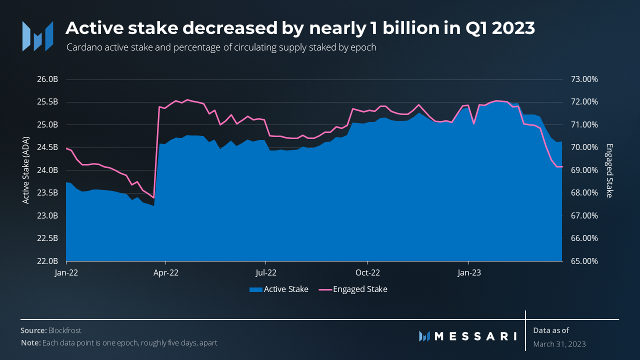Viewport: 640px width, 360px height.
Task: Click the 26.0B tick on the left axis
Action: click(x=49, y=79)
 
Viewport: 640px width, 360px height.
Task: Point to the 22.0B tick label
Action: click(x=49, y=261)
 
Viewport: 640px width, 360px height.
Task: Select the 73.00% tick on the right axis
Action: click(x=584, y=79)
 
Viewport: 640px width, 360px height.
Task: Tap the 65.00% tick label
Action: click(x=584, y=261)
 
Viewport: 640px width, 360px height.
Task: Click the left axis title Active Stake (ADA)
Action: click(x=26, y=170)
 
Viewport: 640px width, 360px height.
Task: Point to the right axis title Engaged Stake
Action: click(x=608, y=170)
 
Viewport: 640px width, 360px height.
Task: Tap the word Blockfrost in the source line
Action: click(x=65, y=330)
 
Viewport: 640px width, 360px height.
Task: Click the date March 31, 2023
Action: click(x=559, y=344)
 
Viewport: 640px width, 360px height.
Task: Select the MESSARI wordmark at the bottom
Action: click(x=475, y=336)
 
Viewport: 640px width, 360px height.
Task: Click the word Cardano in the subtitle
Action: click(x=82, y=47)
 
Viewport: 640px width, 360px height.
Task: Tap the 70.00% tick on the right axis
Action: click(x=584, y=147)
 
